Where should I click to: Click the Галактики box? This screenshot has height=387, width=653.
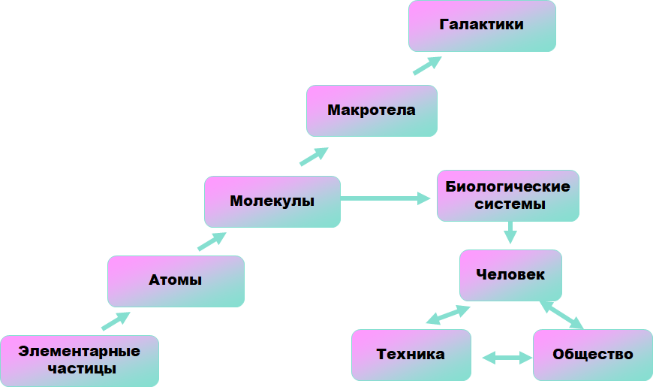tap(482, 26)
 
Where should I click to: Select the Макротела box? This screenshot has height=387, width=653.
tap(372, 110)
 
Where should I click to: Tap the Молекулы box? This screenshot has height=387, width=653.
tap(272, 201)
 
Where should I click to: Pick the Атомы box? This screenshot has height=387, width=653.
tap(176, 281)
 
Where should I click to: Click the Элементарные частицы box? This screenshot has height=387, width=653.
tap(80, 360)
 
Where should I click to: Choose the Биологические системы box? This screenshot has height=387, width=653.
tap(508, 195)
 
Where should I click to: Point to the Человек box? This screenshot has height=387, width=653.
tap(510, 275)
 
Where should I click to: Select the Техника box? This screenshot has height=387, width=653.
tap(411, 355)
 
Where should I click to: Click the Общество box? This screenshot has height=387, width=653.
tap(592, 355)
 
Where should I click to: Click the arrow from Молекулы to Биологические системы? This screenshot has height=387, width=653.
tap(387, 198)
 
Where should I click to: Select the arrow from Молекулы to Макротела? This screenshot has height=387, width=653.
tap(314, 156)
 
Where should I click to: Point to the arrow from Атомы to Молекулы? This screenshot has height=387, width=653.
tap(212, 240)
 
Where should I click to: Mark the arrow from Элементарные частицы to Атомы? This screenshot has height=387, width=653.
tap(116, 321)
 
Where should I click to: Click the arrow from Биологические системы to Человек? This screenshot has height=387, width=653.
tap(510, 231)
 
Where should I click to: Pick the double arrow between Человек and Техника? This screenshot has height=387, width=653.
tap(448, 314)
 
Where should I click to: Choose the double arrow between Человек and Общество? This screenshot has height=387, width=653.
tap(561, 315)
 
